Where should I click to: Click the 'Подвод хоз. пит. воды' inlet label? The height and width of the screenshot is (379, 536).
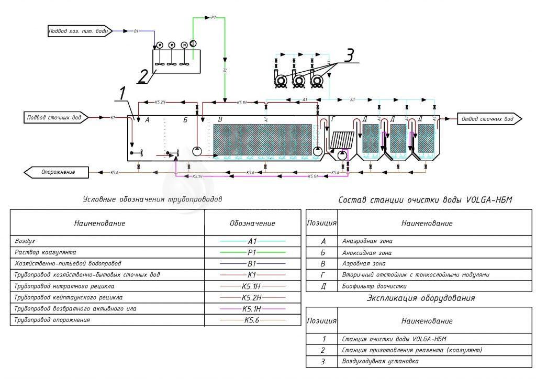point(78,31)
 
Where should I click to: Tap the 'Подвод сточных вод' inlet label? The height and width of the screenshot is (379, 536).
point(54,118)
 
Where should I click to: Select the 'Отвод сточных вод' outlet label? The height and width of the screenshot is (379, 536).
point(487,119)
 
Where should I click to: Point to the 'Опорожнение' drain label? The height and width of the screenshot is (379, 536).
point(58,172)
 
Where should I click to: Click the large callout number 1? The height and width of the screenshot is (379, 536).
point(121,94)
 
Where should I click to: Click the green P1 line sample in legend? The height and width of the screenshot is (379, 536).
point(253,252)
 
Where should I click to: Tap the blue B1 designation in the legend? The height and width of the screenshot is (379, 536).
point(252,263)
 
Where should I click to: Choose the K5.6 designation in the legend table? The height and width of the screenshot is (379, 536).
point(252,320)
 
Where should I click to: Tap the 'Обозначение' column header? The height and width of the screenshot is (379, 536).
point(252,224)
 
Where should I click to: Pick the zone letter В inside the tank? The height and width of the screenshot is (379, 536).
point(220,120)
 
